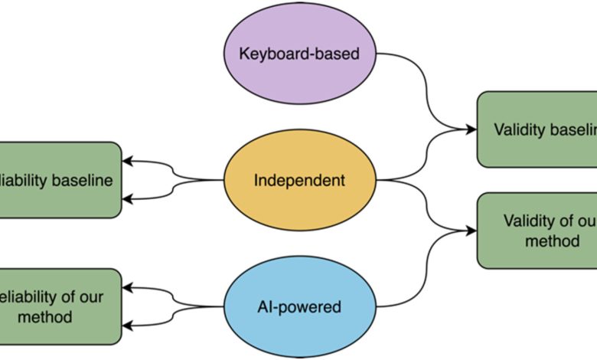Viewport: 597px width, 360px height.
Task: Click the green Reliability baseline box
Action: point(60,180)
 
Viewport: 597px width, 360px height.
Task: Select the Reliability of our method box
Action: point(60,306)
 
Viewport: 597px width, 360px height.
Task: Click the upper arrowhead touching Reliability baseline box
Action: point(128,162)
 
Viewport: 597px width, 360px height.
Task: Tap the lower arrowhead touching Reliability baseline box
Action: point(128,199)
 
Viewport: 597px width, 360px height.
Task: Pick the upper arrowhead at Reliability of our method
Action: point(128,289)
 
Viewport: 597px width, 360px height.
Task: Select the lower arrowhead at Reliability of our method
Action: point(128,326)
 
